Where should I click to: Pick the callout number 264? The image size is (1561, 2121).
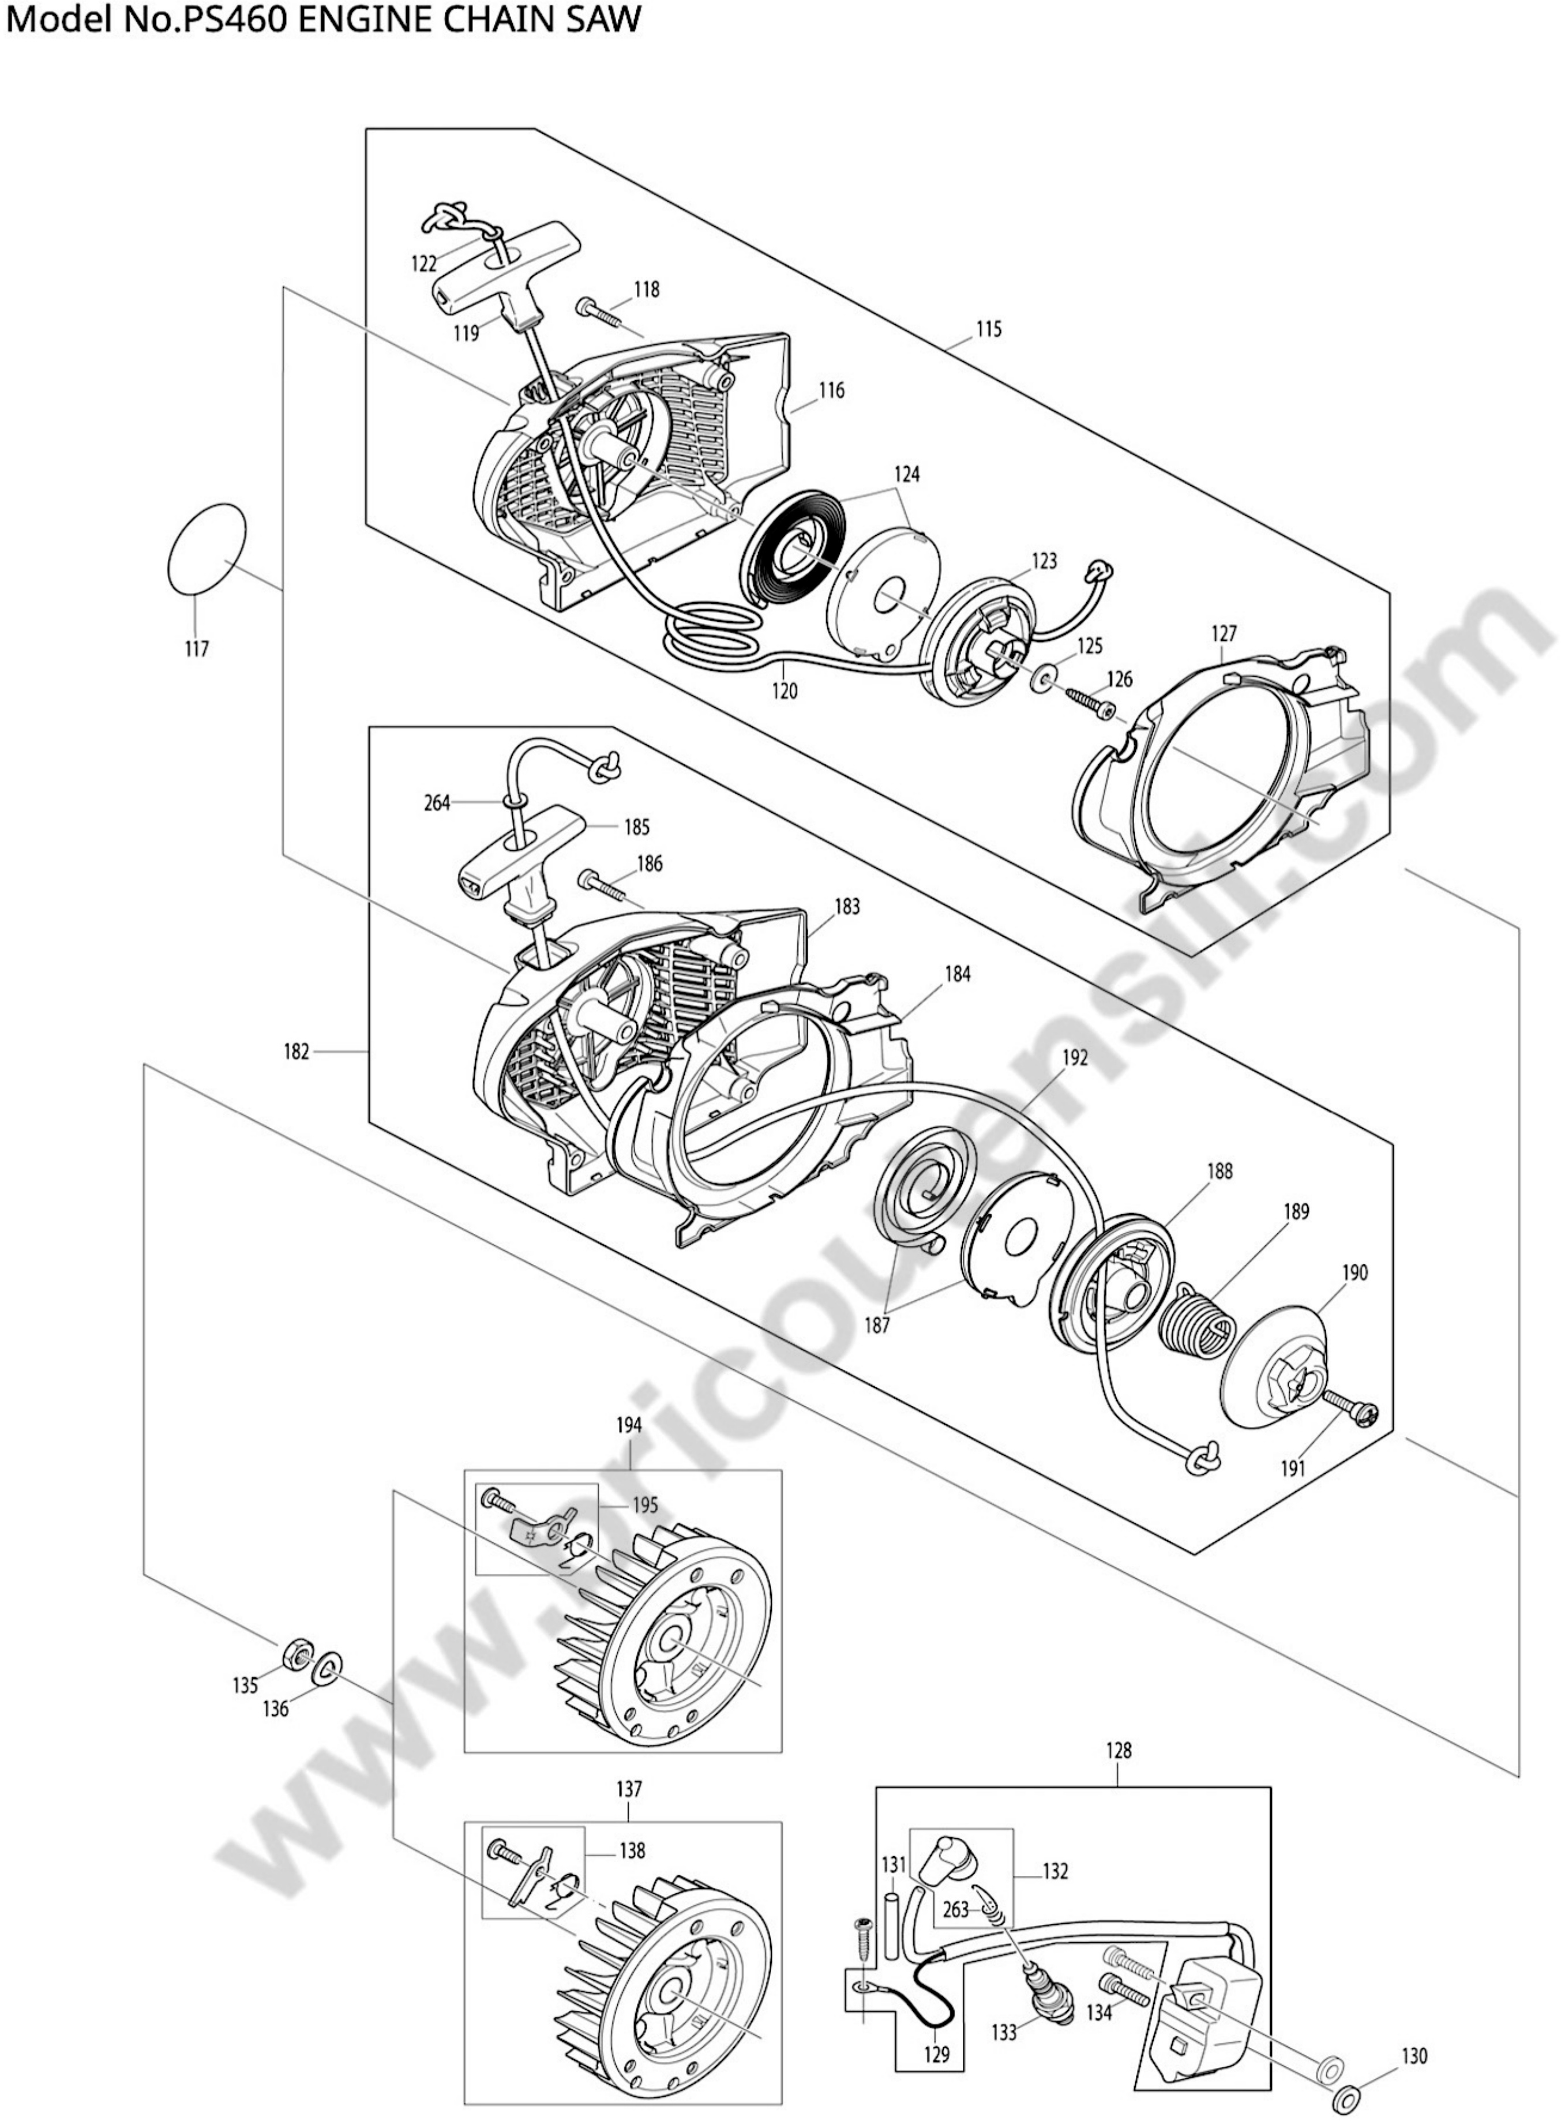pos(437,804)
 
